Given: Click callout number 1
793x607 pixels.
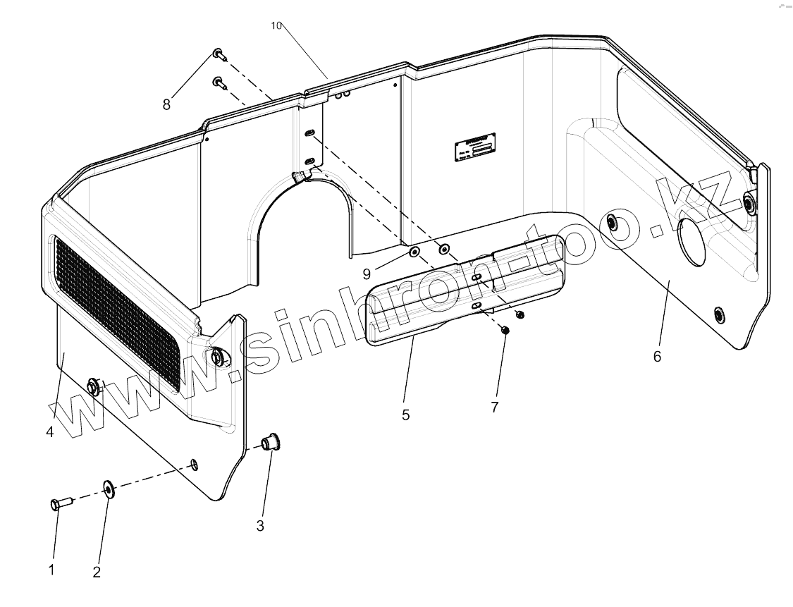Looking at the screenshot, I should [51, 570].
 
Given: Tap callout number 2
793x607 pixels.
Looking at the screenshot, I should [97, 572].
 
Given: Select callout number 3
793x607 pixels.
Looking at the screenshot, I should [260, 526].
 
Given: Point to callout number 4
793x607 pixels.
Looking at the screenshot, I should [50, 431].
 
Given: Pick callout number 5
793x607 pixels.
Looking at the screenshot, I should [405, 415].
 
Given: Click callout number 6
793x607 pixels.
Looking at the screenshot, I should [657, 357].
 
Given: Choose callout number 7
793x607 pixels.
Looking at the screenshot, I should [495, 407].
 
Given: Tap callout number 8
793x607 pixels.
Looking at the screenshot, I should [166, 105].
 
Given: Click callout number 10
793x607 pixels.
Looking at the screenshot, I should [276, 25].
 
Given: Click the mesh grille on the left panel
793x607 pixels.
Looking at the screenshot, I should [116, 310].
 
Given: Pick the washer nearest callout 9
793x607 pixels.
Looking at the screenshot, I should [414, 252].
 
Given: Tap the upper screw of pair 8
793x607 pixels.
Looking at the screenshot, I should [218, 54].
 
